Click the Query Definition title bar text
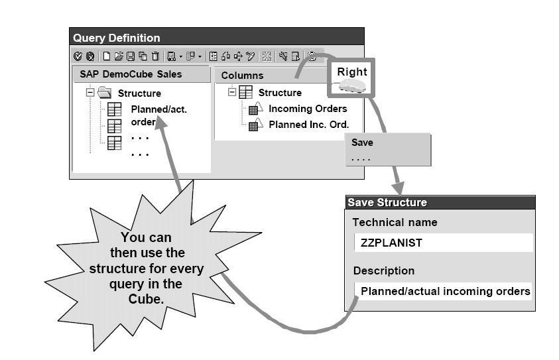(117, 38)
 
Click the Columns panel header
(243, 76)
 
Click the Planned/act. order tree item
(158, 115)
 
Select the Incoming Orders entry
(307, 109)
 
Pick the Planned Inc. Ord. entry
(308, 124)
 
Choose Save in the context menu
(363, 143)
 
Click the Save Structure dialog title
(388, 202)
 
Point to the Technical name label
(395, 222)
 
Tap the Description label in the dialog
(383, 270)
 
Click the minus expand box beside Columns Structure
(231, 93)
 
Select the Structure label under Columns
(280, 93)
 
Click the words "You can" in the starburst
(146, 238)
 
